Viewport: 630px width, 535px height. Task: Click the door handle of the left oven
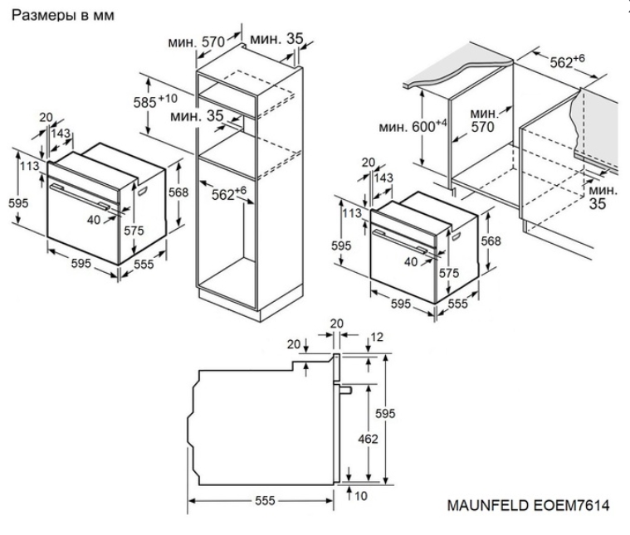click(79, 195)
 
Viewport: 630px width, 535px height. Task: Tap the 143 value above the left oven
click(61, 133)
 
